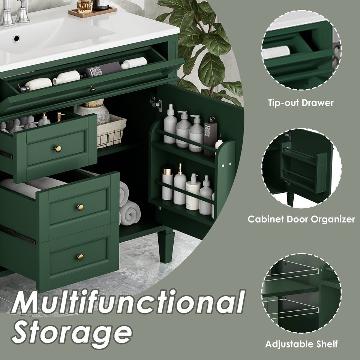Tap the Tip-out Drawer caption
point(301,103)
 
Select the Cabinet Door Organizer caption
point(301,219)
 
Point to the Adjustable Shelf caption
point(301,344)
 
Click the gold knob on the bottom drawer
point(80,257)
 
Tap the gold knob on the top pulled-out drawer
point(58,149)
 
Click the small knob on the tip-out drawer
point(93,88)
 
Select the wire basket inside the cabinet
point(111,131)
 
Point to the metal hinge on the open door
point(156,103)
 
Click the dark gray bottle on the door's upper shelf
point(210,136)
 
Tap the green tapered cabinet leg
point(166,247)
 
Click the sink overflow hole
point(16,38)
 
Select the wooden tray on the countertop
point(92,12)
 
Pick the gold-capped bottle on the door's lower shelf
point(167,184)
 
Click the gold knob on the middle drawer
point(80,207)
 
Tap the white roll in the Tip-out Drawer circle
point(277,52)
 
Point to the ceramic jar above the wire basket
point(93,111)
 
